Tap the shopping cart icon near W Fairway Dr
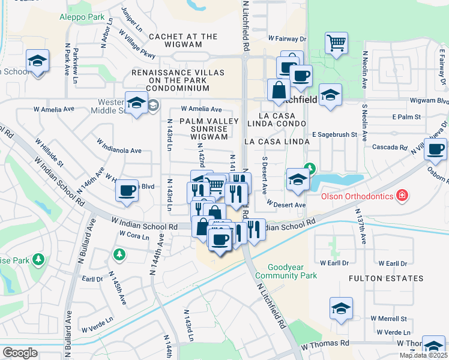pyautogui.click(x=337, y=43)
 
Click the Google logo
pyautogui.click(x=20, y=353)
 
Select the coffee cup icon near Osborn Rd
pyautogui.click(x=436, y=148)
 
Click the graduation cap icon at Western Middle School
pyautogui.click(x=136, y=102)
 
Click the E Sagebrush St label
pyautogui.click(x=334, y=135)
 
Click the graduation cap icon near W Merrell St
pyautogui.click(x=341, y=308)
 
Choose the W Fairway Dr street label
pyautogui.click(x=287, y=38)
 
